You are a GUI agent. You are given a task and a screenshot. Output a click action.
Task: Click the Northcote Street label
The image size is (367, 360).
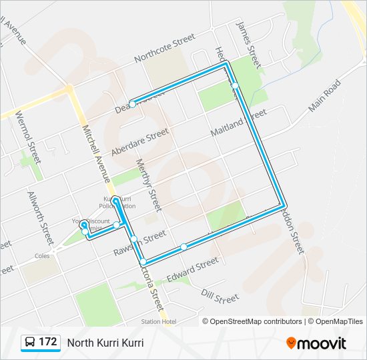point(164,49)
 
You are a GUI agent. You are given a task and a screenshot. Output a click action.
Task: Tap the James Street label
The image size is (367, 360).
point(247,43)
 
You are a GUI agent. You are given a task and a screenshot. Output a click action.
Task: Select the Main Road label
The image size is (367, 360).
point(325,95)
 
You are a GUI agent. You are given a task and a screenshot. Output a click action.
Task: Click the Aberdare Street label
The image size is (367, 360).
point(140,142)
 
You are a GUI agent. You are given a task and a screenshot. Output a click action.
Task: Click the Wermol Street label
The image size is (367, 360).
point(28,137)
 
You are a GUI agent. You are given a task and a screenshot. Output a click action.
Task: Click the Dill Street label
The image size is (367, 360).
point(220,295)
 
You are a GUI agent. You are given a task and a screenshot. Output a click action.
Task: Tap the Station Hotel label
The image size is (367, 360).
point(159,322)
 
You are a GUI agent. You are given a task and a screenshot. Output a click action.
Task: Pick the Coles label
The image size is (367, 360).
point(43,255)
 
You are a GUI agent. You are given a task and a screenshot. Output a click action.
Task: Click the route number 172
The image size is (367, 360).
point(48,342)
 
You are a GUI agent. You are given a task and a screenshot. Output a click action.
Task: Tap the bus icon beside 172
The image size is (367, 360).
point(30,343)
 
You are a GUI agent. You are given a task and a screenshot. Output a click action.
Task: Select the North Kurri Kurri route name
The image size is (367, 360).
point(105,343)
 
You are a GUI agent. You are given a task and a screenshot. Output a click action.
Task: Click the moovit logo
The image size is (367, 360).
point(316,343)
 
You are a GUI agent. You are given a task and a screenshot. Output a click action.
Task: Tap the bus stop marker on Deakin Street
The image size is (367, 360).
point(133,104)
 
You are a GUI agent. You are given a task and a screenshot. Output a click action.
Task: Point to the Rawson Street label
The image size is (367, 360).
point(148,237)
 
